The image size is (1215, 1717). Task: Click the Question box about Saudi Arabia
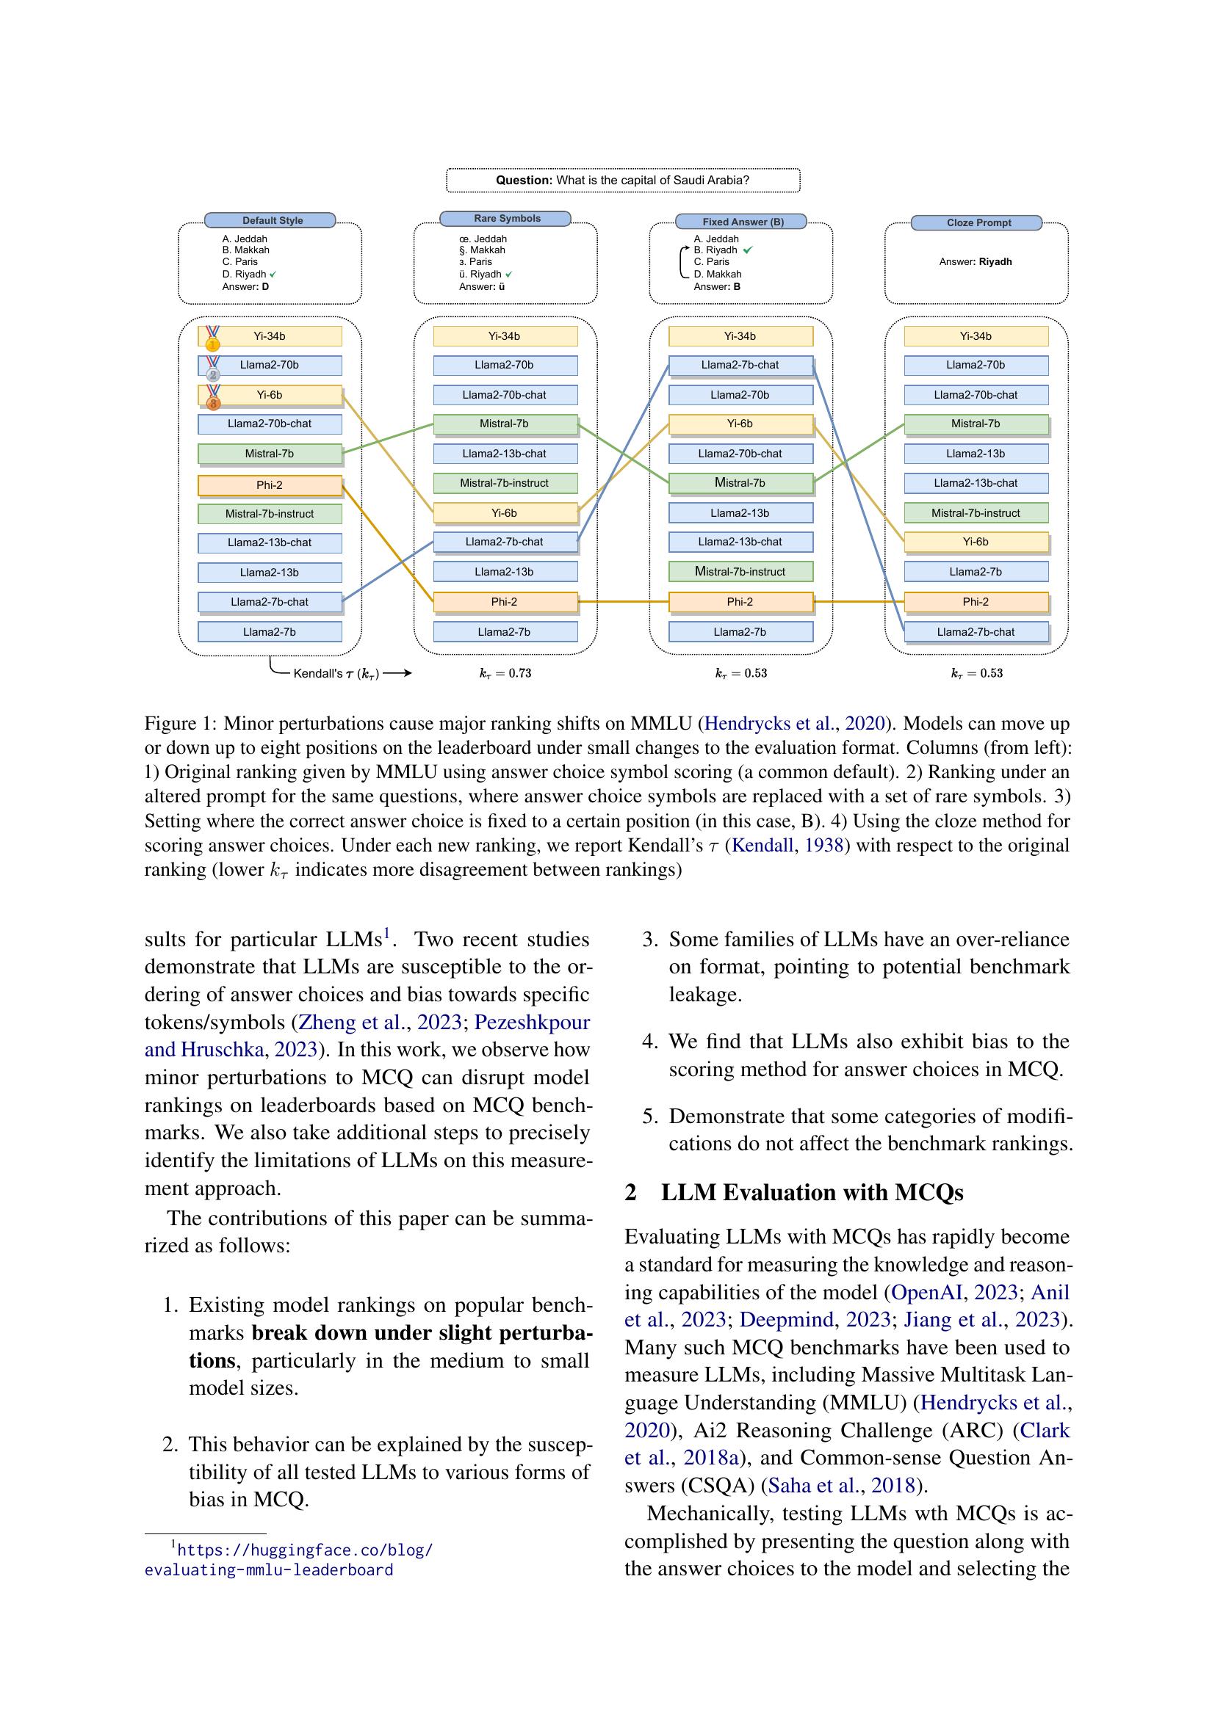pos(622,181)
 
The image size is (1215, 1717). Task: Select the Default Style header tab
pos(270,221)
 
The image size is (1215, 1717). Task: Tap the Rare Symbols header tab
pos(505,218)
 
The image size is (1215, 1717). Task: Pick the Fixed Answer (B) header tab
pos(740,222)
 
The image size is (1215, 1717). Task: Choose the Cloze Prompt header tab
pos(976,223)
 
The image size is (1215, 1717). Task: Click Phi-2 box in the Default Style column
pos(270,485)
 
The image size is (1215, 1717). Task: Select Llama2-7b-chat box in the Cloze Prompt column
pos(976,632)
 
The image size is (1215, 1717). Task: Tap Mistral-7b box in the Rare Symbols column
pos(505,424)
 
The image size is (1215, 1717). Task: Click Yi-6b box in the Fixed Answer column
pos(740,424)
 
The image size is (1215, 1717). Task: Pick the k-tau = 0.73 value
pos(505,673)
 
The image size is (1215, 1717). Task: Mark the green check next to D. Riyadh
pos(273,275)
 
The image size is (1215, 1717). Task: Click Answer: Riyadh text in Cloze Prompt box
pos(976,262)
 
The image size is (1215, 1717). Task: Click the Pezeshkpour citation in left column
pos(532,1023)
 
